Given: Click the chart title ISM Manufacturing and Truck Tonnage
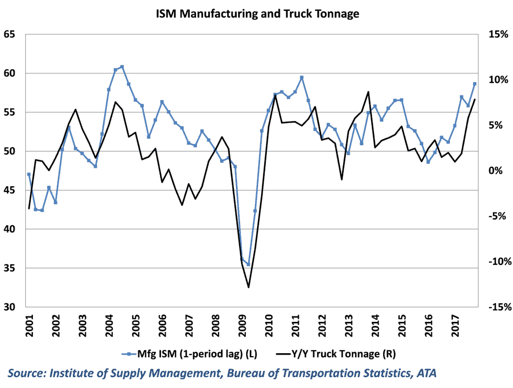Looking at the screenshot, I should point(257,14).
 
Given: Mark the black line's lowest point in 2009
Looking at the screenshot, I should point(248,287).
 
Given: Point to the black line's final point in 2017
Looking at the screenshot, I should point(475,100).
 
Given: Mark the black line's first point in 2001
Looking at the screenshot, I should point(29,208).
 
